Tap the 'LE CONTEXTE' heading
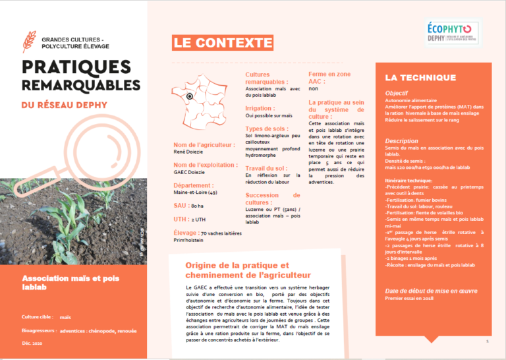click(x=222, y=44)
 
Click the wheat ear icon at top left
click(x=30, y=42)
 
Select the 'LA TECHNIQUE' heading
click(x=420, y=77)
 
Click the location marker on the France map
click(x=188, y=96)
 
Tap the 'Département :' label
click(x=194, y=185)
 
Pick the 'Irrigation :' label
click(x=260, y=107)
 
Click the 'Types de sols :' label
click(x=267, y=129)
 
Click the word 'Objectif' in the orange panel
click(x=397, y=94)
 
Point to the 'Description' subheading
click(x=402, y=141)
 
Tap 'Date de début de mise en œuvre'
click(x=431, y=291)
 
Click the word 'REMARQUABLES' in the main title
click(x=76, y=86)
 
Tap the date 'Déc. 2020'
click(x=32, y=344)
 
